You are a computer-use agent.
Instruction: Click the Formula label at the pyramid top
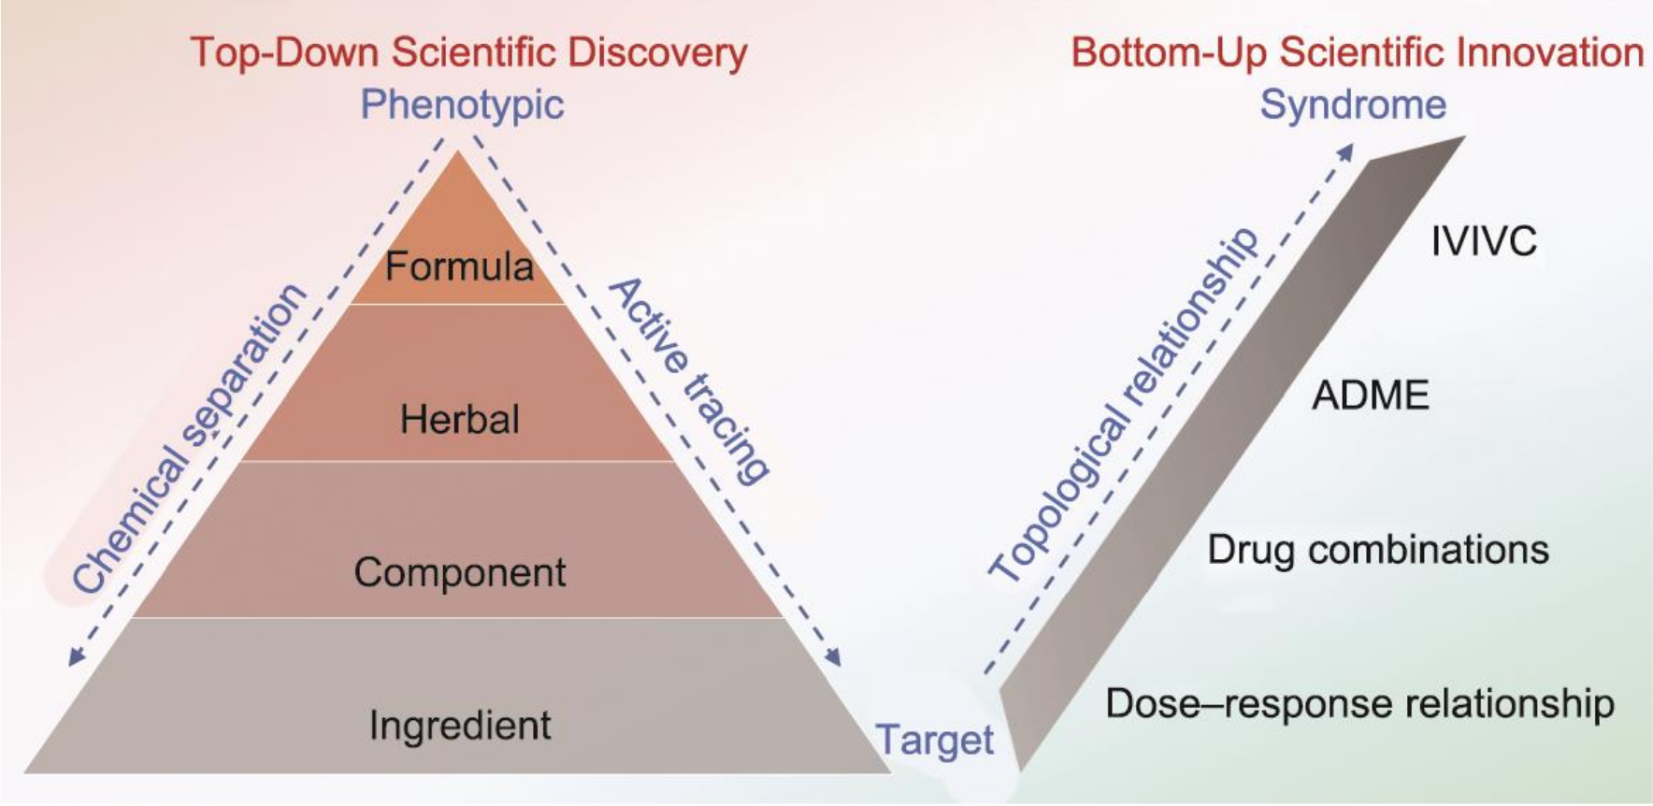(459, 266)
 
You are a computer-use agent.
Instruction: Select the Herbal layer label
(459, 419)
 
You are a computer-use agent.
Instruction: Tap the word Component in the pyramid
(459, 572)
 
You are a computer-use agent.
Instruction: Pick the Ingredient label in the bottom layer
(460, 726)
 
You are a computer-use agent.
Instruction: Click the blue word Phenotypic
(462, 105)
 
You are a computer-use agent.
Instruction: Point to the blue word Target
(934, 741)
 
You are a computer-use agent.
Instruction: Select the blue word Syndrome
(1353, 104)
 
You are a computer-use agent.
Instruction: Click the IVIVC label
(1484, 241)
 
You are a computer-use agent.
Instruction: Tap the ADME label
(1371, 396)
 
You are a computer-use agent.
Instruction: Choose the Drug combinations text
(1378, 550)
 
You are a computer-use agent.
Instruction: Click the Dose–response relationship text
(1359, 704)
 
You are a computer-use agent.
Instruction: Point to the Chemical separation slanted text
(190, 438)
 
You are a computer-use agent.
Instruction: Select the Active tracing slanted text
(690, 380)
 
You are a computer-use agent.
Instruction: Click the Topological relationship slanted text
(1123, 404)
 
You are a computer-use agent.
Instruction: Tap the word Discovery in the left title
(657, 52)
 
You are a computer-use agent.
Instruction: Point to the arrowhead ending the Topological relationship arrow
(1345, 151)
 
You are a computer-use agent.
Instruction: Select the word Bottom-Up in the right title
(1170, 52)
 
